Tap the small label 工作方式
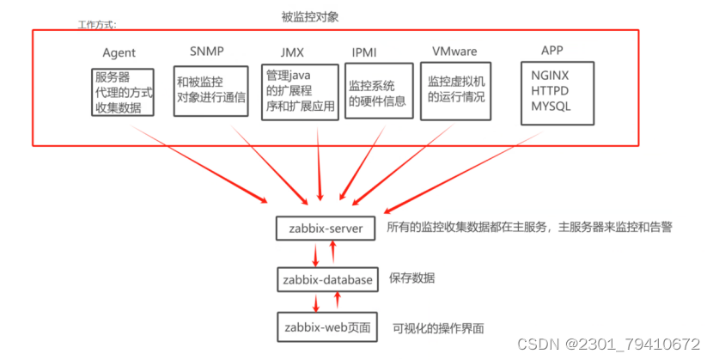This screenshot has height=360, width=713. pos(99,25)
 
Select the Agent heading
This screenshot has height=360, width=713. pos(119,53)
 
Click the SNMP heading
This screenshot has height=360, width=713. pos(206,50)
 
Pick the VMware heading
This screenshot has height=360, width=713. pos(454,52)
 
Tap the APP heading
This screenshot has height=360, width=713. pos(552,50)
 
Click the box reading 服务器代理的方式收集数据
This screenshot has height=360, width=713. pos(123,93)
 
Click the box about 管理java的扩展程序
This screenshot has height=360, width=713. pos(298,92)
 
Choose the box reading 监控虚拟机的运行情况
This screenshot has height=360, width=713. pos(456,89)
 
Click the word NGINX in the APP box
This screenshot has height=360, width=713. pos(551,75)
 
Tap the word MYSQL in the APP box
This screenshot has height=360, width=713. pos(551,106)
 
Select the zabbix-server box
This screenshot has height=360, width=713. pos(326,229)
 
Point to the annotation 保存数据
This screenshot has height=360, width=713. pos(411,278)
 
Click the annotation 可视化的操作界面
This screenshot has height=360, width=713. pos(438,327)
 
